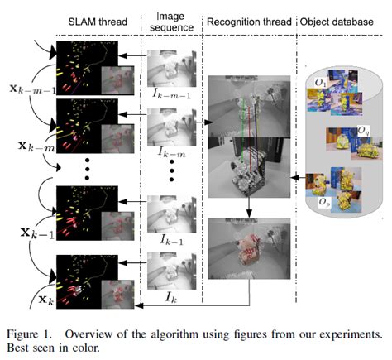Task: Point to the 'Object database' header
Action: [x=337, y=19]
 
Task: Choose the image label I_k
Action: [x=170, y=295]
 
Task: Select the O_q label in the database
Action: [x=363, y=130]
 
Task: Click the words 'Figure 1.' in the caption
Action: [x=34, y=334]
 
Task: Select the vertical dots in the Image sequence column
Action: [x=170, y=175]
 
